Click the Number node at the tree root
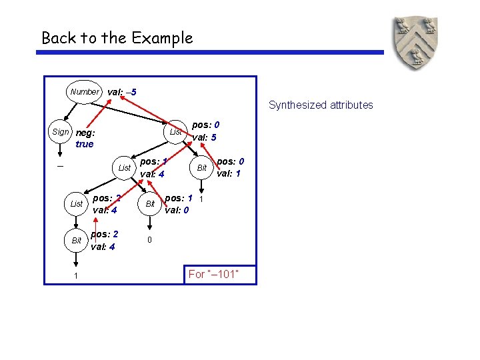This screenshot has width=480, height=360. pyautogui.click(x=85, y=92)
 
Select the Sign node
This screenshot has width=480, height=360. pyautogui.click(x=60, y=132)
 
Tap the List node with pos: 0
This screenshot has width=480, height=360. pyautogui.click(x=175, y=132)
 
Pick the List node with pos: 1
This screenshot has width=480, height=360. pyautogui.click(x=124, y=168)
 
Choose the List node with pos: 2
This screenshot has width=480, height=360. pyautogui.click(x=77, y=204)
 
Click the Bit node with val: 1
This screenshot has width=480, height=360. pyautogui.click(x=201, y=168)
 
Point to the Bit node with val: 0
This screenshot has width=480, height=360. pyautogui.click(x=150, y=203)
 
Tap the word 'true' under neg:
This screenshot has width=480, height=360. pyautogui.click(x=85, y=144)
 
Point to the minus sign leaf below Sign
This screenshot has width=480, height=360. pyautogui.click(x=60, y=167)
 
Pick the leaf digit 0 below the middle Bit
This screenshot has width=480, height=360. pyautogui.click(x=150, y=239)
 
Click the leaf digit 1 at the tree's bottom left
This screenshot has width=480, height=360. pyautogui.click(x=77, y=276)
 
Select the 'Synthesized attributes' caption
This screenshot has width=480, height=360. pyautogui.click(x=321, y=105)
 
